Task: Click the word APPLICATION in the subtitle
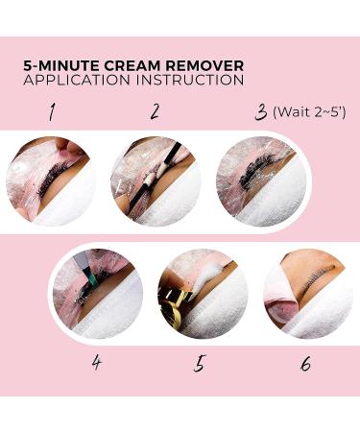click(x=75, y=81)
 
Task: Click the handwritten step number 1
click(x=51, y=112)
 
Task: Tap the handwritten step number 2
click(x=154, y=112)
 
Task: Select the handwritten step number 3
click(x=259, y=112)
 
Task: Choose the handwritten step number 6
click(x=303, y=364)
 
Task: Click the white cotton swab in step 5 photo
click(x=207, y=279)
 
